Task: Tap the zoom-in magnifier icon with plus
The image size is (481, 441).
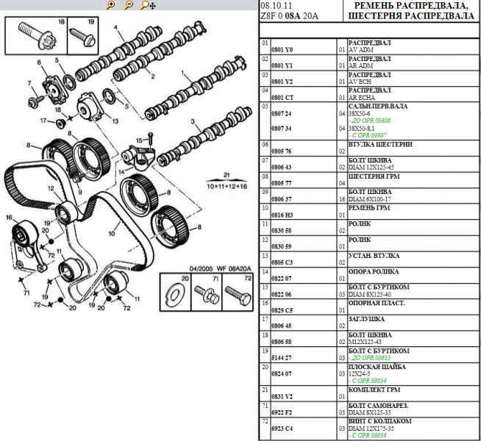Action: (110, 5)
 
